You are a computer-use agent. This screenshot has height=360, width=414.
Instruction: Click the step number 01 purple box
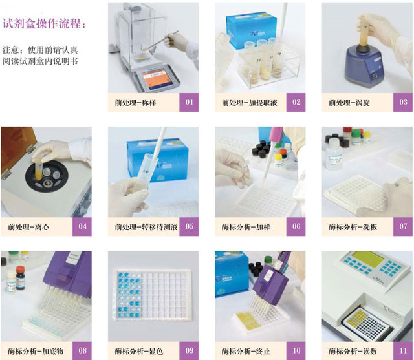pyautogui.click(x=189, y=102)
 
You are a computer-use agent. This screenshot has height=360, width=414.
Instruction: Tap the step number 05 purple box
pyautogui.click(x=189, y=226)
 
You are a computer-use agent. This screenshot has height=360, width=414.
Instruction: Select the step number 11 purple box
pyautogui.click(x=403, y=351)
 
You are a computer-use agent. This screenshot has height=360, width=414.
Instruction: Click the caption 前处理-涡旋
pyautogui.click(x=349, y=102)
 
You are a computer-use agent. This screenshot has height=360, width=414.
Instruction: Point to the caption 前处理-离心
pyautogui.click(x=28, y=227)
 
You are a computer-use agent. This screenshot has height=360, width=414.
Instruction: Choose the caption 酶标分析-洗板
pyautogui.click(x=353, y=227)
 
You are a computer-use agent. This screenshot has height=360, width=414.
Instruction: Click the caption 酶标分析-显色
pyautogui.click(x=139, y=351)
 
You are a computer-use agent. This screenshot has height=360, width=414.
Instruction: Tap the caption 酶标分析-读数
pyautogui.click(x=353, y=351)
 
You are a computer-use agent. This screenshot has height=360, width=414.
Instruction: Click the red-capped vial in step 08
pyautogui.click(x=20, y=278)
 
